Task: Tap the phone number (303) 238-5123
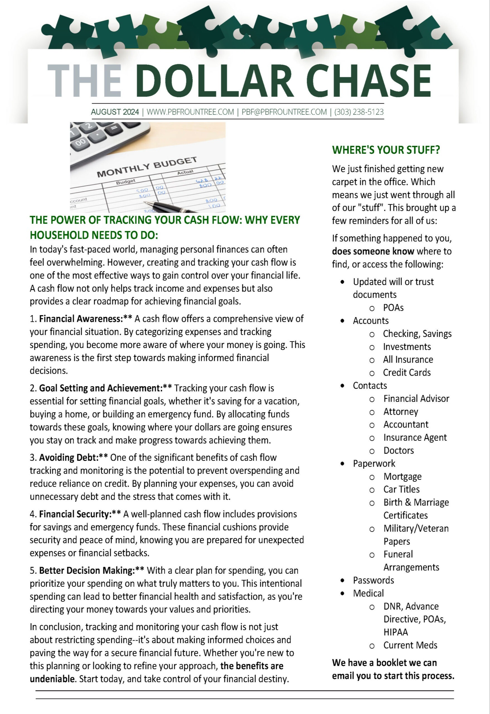coord(359,112)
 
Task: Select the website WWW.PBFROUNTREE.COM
coord(190,112)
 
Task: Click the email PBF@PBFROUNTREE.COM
coord(284,112)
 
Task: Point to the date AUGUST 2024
coord(115,112)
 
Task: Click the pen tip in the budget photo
coord(145,202)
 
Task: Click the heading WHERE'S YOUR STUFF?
coord(386,150)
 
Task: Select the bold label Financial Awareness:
coord(81,319)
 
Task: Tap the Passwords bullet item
coord(373,580)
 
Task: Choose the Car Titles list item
coord(401,489)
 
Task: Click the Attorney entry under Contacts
coord(400,411)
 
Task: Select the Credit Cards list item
coord(406,372)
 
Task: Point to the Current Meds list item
coord(410,645)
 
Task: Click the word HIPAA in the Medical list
coord(396,632)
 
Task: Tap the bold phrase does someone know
coord(373,251)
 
